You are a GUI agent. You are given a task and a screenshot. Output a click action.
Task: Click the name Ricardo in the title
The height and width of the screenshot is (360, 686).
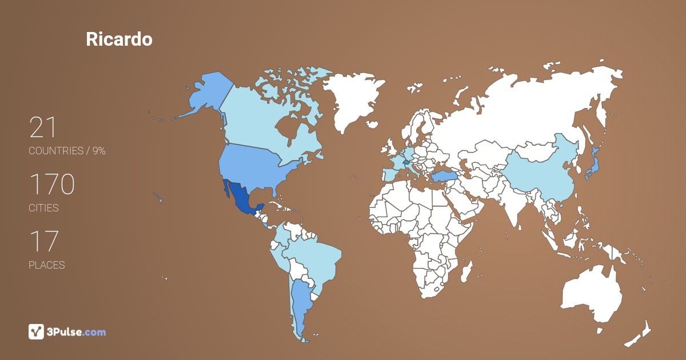click(119, 39)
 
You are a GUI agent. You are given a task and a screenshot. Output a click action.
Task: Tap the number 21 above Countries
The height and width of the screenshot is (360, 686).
click(43, 127)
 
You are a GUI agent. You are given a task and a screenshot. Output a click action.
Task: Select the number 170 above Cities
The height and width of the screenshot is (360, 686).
click(52, 185)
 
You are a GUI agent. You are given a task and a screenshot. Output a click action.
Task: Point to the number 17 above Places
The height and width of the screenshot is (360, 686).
click(44, 242)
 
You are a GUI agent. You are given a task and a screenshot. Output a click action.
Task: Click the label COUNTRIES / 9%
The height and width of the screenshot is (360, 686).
click(67, 151)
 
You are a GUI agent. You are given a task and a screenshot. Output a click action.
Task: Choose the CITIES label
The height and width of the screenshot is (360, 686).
click(43, 208)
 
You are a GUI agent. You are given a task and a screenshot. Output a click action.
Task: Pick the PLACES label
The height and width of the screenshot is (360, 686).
click(46, 265)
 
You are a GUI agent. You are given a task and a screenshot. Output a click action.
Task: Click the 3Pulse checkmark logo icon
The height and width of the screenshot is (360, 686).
click(36, 331)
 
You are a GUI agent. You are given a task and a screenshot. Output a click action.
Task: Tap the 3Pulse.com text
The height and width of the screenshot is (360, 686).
click(76, 332)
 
